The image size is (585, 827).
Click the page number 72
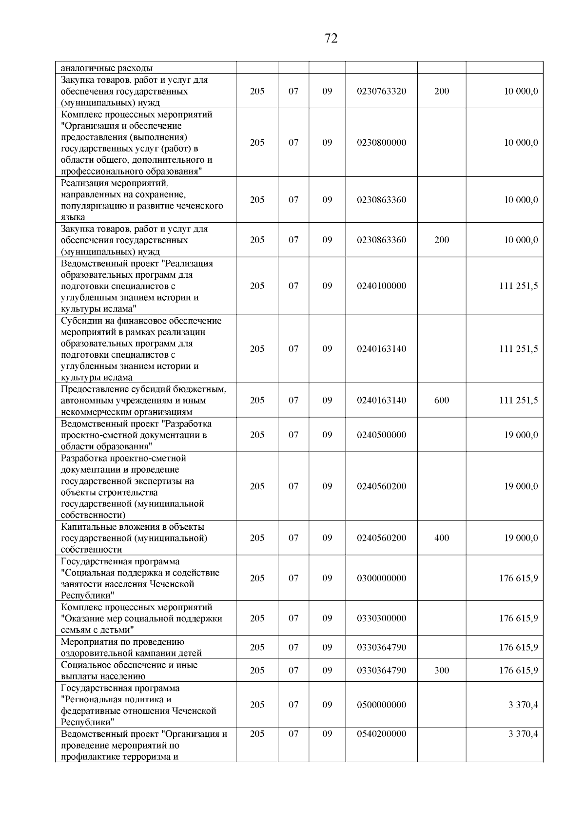click(331, 38)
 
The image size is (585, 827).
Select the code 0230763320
click(381, 91)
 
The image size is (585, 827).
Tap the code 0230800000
click(381, 143)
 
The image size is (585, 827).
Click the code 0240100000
click(381, 286)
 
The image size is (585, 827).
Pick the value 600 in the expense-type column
click(441, 400)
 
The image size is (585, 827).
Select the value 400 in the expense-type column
click(441, 538)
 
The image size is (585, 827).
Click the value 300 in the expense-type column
click(441, 670)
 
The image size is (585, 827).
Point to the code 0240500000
click(381, 435)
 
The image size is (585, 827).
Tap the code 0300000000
click(381, 578)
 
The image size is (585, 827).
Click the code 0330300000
click(381, 618)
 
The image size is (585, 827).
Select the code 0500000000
click(381, 705)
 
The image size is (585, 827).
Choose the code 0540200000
click(381, 734)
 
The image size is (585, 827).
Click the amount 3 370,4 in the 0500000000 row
click(523, 705)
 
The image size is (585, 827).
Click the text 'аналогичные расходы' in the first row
click(106, 68)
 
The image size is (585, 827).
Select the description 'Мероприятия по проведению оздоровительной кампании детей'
click(131, 647)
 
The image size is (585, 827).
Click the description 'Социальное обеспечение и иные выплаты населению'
click(129, 671)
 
